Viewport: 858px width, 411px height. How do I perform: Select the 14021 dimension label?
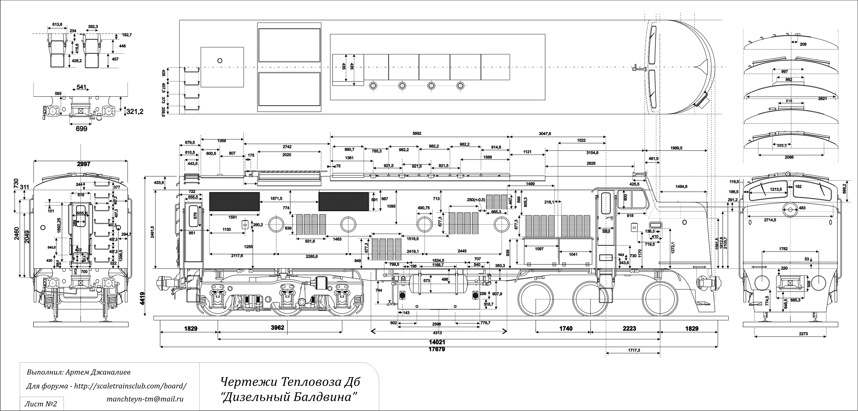pos(437,342)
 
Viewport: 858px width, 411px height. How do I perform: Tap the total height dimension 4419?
pos(142,300)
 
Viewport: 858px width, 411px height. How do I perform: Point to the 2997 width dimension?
pos(84,164)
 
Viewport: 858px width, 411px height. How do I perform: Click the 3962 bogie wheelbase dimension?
pos(277,328)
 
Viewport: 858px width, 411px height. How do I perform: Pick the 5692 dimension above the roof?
pos(417,133)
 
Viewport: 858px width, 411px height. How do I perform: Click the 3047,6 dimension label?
pos(545,133)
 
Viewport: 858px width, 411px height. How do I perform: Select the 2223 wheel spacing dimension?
pos(629,328)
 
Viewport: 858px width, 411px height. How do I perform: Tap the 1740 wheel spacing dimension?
pos(565,328)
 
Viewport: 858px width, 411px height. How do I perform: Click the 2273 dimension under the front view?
pos(803,334)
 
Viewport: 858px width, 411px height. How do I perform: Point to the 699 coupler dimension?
pos(82,128)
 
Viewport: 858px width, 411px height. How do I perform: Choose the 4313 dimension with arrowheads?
pos(437,333)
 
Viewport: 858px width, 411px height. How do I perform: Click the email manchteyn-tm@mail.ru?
pos(145,399)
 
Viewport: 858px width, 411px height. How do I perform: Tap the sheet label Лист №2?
pos(41,404)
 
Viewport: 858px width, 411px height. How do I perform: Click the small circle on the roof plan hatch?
pos(219,61)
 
